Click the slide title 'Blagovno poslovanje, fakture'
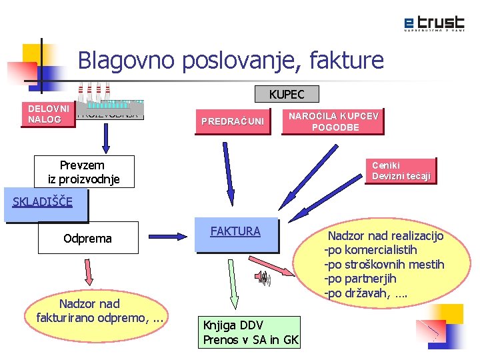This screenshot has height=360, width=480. click(x=231, y=61)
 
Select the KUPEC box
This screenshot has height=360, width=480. click(x=287, y=95)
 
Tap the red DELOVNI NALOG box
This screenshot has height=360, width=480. click(x=48, y=114)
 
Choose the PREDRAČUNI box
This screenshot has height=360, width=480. click(x=233, y=121)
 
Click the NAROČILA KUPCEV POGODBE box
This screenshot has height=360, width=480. click(x=333, y=121)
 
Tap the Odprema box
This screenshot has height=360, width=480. click(x=87, y=238)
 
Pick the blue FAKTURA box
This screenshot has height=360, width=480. click(x=235, y=234)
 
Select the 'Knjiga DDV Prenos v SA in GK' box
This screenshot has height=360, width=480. click(x=251, y=332)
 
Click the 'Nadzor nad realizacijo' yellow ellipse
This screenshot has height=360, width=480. click(x=383, y=265)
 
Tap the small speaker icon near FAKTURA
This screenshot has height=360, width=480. click(x=264, y=279)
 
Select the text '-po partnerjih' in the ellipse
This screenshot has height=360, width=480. click(x=359, y=279)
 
